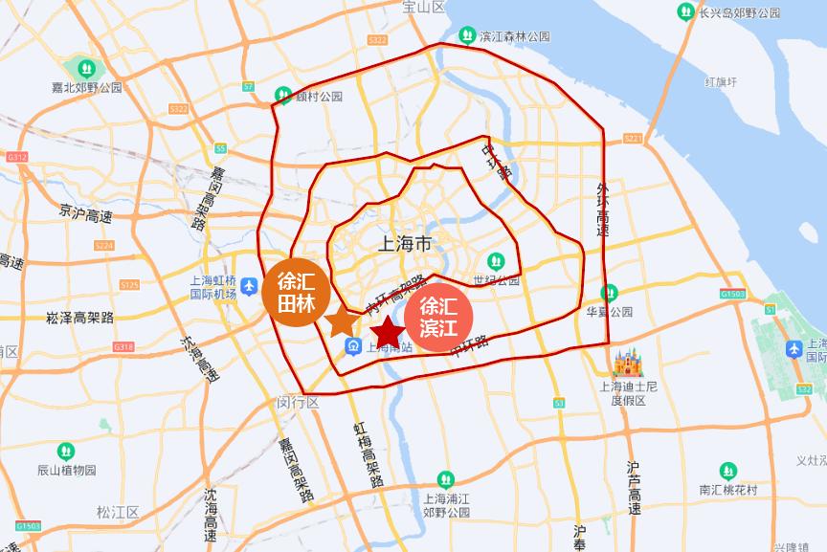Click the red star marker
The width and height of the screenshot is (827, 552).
pyautogui.click(x=388, y=333)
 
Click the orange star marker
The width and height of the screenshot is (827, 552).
pyautogui.click(x=341, y=321)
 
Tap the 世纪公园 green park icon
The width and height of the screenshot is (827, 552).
pyautogui.click(x=495, y=260)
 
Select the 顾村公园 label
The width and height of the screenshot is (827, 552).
pyautogui.click(x=319, y=96)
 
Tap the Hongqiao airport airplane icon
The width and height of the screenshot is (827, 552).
pyautogui.click(x=248, y=286)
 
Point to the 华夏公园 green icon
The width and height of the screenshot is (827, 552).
pyautogui.click(x=610, y=293)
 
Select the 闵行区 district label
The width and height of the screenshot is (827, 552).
pyautogui.click(x=299, y=402)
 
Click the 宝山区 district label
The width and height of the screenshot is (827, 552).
pyautogui.click(x=424, y=7)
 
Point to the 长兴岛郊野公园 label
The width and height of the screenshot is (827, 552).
pyautogui.click(x=740, y=11)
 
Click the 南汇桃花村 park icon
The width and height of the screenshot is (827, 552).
pyautogui.click(x=728, y=472)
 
